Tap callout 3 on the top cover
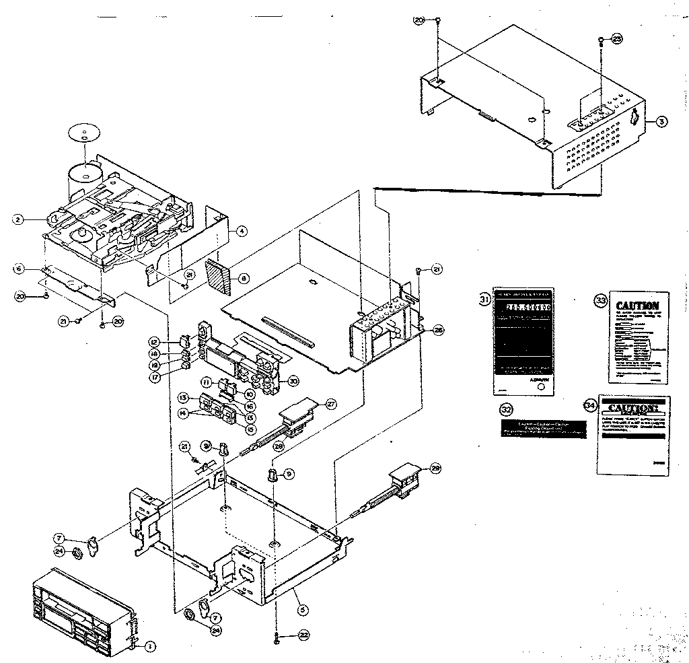coord(662,122)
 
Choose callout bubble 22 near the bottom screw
coord(304,635)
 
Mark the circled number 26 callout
coord(438,330)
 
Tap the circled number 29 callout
coord(435,468)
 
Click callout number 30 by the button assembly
coord(293,380)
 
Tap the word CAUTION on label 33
coord(638,306)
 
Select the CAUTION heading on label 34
coord(631,409)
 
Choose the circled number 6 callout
coord(19,269)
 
